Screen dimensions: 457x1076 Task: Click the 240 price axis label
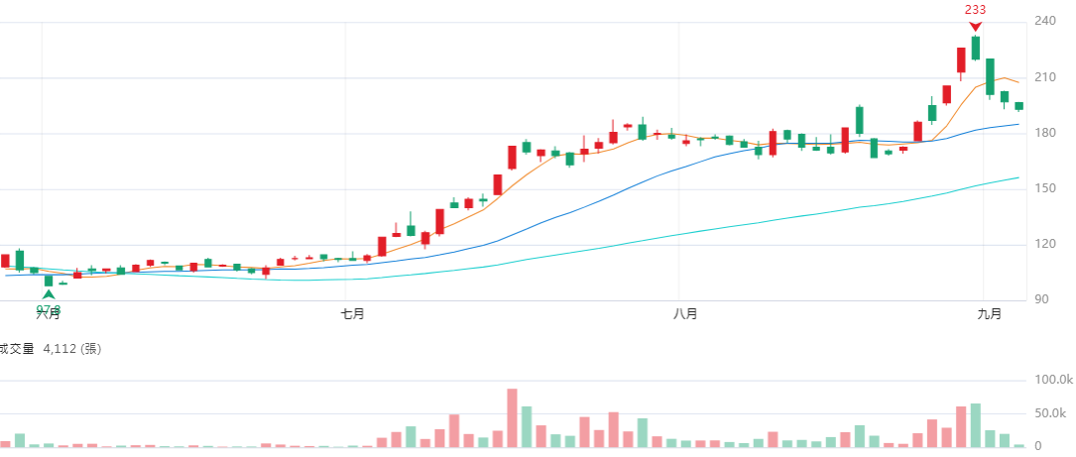coord(1045,22)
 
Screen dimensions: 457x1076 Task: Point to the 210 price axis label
coord(1045,77)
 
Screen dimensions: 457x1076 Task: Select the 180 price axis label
coord(1045,133)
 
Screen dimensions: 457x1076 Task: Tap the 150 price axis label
coord(1045,188)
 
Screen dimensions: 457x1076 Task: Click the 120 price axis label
coord(1045,244)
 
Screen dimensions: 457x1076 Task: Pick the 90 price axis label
coord(1042,299)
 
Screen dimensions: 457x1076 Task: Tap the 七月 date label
coord(352,314)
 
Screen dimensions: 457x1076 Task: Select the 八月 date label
coord(684,314)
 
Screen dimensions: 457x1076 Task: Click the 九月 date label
coord(988,314)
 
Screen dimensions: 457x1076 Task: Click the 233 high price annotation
coord(975,10)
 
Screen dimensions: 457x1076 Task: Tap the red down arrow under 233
coord(976,26)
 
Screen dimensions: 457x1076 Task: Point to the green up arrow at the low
coord(49,294)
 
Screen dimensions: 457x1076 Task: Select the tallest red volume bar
coord(512,417)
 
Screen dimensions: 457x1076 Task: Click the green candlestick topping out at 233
coord(976,48)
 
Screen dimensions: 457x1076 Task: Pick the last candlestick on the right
coord(1018,106)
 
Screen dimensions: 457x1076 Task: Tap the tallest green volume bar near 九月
coord(976,424)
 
